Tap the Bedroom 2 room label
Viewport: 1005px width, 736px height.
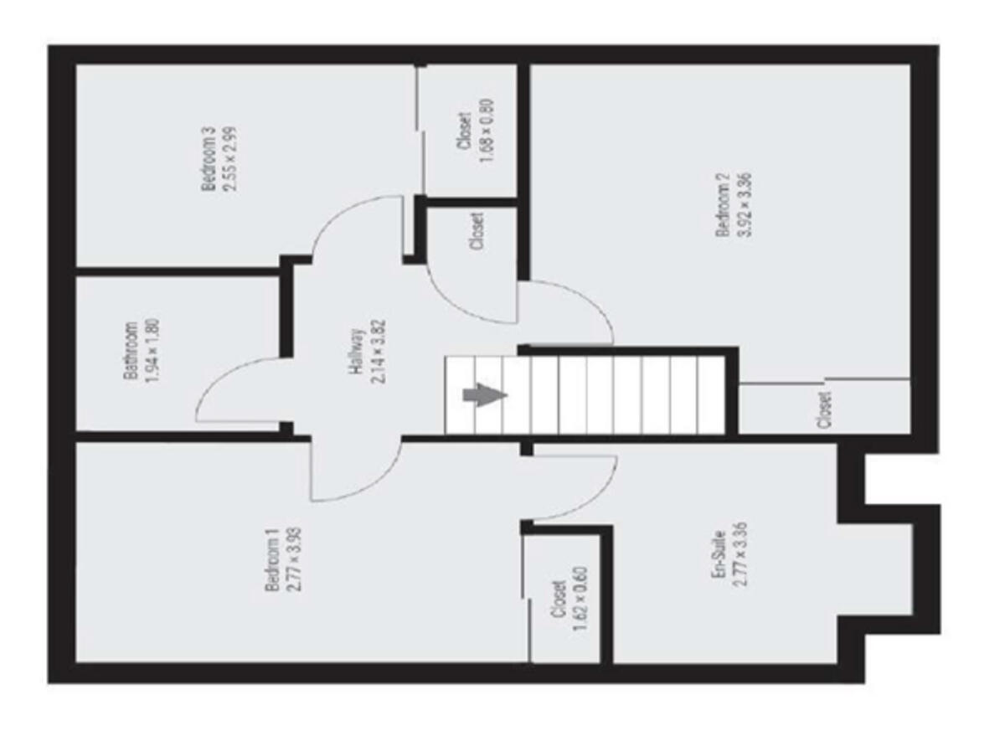724,206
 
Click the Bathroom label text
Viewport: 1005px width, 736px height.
131,351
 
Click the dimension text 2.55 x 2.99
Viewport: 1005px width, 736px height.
229,159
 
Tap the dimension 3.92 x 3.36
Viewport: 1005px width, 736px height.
744,206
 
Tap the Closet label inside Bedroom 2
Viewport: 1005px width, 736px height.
825,409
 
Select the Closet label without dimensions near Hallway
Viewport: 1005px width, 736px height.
477,231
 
